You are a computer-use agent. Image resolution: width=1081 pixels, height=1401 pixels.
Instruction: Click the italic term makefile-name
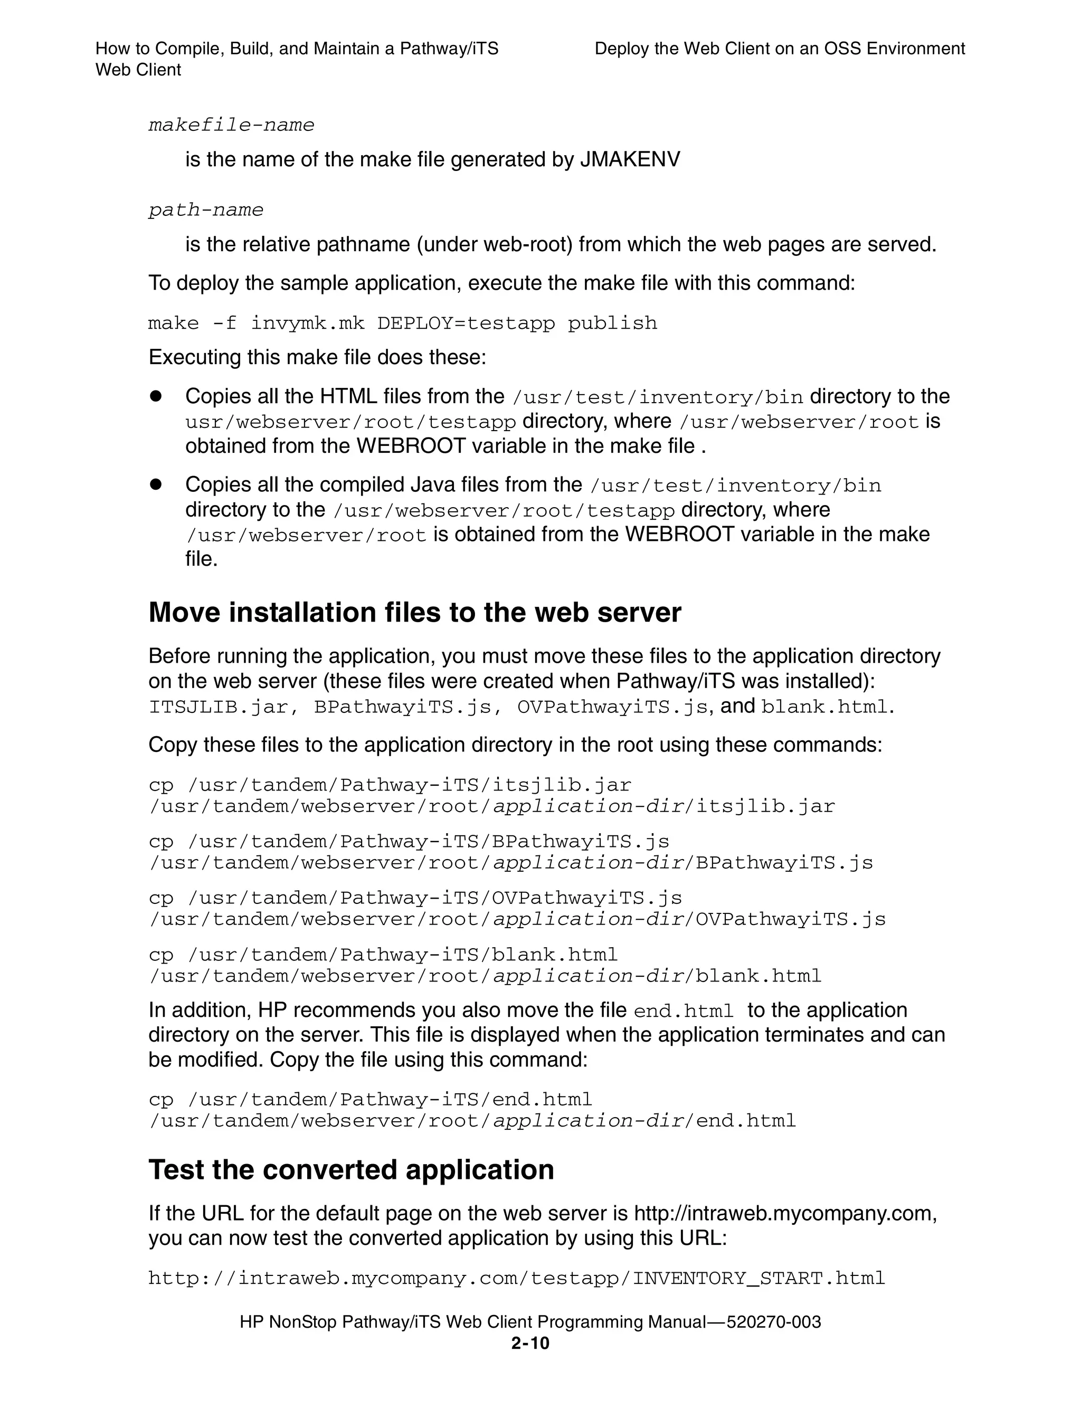click(232, 125)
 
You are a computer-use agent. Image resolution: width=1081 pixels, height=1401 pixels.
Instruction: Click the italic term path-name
click(206, 210)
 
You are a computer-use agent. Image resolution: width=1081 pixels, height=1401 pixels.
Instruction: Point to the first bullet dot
click(155, 396)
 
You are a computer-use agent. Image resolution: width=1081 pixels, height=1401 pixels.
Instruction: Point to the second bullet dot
click(155, 484)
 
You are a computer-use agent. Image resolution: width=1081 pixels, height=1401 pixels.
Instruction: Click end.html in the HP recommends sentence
click(683, 1011)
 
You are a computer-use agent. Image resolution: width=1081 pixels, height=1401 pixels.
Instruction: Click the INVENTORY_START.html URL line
click(516, 1278)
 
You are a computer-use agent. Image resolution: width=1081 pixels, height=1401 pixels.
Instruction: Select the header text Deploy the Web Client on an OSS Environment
click(780, 49)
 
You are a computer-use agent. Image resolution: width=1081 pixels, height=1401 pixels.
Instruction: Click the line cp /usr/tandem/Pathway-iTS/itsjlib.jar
click(390, 785)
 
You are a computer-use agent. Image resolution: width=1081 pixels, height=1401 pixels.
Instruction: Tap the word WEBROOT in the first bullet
click(411, 446)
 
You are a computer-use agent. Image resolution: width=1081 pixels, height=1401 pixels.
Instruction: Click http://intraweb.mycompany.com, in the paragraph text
click(785, 1213)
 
